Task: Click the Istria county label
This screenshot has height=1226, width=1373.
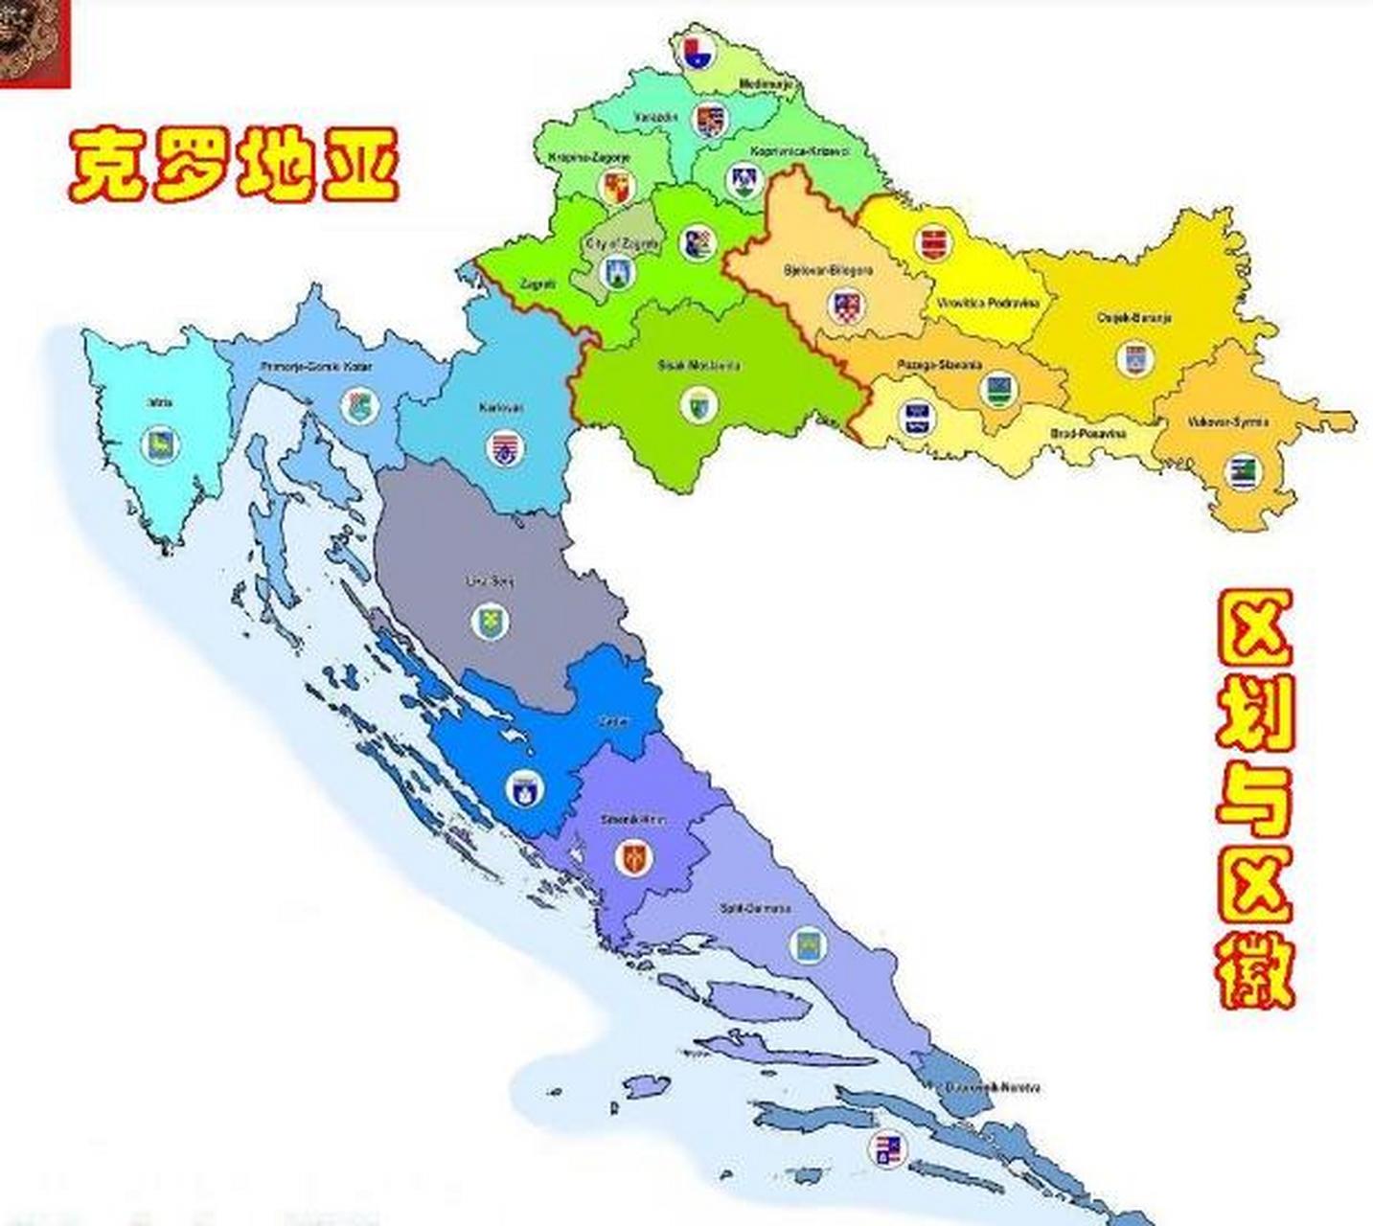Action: pos(160,402)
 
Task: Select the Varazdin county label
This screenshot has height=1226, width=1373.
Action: pos(655,118)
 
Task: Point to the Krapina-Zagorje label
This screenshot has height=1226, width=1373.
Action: pos(589,157)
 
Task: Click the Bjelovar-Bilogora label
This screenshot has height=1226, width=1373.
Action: pos(828,271)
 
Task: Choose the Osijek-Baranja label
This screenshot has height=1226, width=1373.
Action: pos(1134,318)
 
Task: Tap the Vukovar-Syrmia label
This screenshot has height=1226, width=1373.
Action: pos(1227,422)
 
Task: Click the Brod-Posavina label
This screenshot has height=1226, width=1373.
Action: pos(1088,434)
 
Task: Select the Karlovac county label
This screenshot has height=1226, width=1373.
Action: pos(502,408)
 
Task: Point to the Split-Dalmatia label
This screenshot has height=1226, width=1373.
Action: pos(756,907)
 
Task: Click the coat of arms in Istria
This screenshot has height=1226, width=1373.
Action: pos(160,444)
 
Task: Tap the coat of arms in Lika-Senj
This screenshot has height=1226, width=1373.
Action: pos(490,622)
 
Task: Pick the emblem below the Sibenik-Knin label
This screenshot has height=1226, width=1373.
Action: pos(632,858)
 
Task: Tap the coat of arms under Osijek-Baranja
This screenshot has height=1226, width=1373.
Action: pos(1134,359)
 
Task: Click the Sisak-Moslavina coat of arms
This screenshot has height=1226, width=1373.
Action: pos(699,405)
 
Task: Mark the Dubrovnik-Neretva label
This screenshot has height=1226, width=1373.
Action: pos(992,1088)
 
